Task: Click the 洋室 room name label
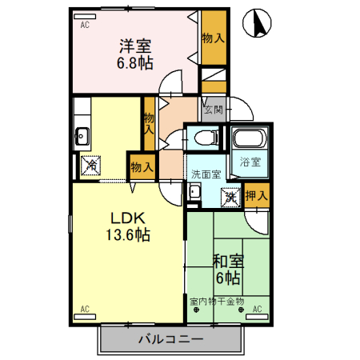pyautogui.click(x=137, y=46)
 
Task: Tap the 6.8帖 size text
pyautogui.click(x=137, y=62)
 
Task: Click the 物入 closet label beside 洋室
pyautogui.click(x=213, y=37)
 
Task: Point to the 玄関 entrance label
pyautogui.click(x=213, y=110)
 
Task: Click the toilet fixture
pyautogui.click(x=205, y=138)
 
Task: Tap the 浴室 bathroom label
pyautogui.click(x=250, y=162)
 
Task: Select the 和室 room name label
pyautogui.click(x=228, y=262)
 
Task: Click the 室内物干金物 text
pyautogui.click(x=217, y=302)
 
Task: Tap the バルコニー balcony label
pyautogui.click(x=170, y=338)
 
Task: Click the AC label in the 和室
pyautogui.click(x=258, y=309)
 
